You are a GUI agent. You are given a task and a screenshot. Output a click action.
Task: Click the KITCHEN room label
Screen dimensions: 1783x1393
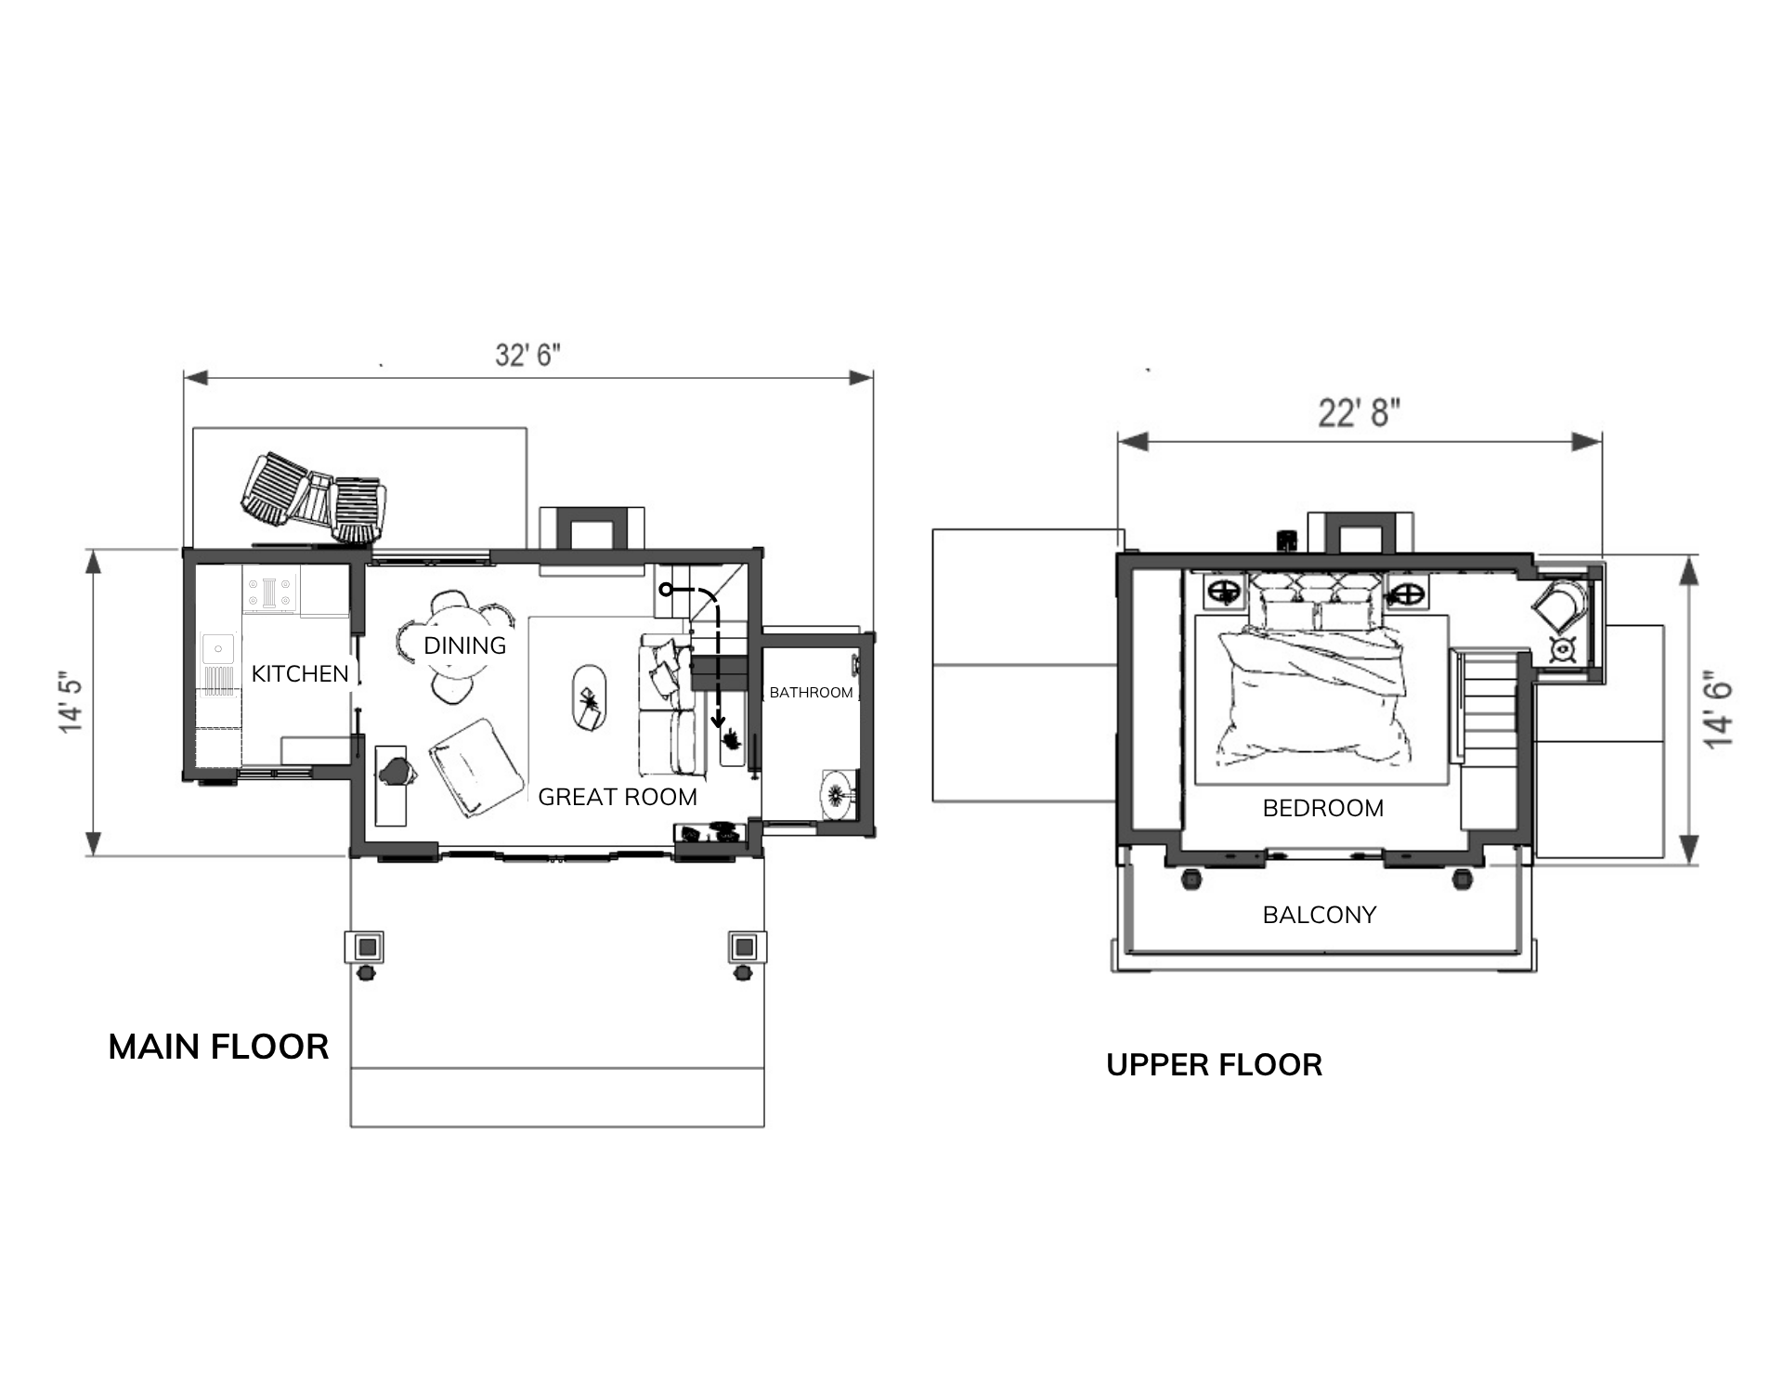pyautogui.click(x=300, y=673)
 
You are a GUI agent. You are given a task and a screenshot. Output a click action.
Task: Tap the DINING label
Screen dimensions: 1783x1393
pyautogui.click(x=465, y=645)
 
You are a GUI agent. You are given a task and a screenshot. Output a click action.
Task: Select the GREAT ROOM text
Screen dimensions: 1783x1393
pyautogui.click(x=618, y=797)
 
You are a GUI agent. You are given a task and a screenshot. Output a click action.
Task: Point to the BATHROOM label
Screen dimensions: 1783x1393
pyautogui.click(x=811, y=693)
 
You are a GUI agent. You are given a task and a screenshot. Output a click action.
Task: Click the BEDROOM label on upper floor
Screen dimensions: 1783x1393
pyautogui.click(x=1323, y=808)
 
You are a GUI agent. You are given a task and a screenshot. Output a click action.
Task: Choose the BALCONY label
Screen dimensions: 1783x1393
pyautogui.click(x=1320, y=915)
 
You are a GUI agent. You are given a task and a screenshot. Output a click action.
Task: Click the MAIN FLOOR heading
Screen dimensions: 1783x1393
pyautogui.click(x=218, y=1047)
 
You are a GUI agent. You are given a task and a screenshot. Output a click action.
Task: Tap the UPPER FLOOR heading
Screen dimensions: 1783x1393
pyautogui.click(x=1214, y=1064)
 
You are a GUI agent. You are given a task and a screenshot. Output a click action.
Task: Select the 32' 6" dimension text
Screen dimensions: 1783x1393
pyautogui.click(x=527, y=355)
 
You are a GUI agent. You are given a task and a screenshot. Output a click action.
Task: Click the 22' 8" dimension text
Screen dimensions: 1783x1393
pyautogui.click(x=1359, y=412)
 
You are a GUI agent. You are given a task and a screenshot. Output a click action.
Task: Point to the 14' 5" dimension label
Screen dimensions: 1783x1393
pyautogui.click(x=72, y=701)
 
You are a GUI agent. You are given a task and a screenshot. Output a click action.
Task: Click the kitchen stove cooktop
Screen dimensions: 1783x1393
pyautogui.click(x=270, y=593)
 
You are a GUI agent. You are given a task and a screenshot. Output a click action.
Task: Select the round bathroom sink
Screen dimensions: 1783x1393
pyautogui.click(x=839, y=793)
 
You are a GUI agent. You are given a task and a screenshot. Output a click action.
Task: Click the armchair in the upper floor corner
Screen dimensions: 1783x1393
pyautogui.click(x=1559, y=606)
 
